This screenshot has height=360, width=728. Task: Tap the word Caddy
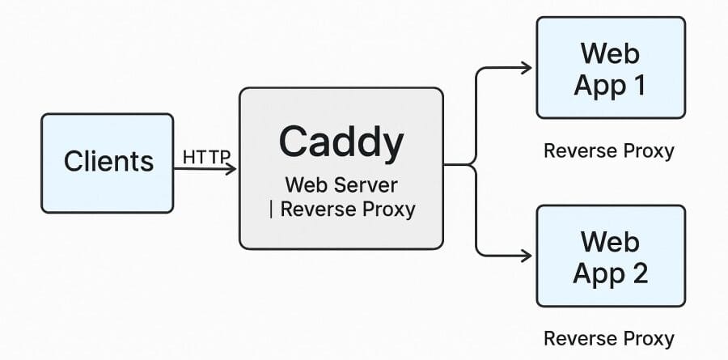[341, 142]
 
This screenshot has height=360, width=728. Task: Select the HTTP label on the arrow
[206, 156]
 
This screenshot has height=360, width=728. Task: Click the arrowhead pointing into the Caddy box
[231, 168]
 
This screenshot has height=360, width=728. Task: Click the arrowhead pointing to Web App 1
[527, 68]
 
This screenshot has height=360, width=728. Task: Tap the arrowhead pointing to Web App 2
[527, 256]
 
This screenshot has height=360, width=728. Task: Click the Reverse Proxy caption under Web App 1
[608, 150]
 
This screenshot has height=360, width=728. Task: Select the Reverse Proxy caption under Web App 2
[608, 337]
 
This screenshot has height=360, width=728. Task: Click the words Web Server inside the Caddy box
[340, 184]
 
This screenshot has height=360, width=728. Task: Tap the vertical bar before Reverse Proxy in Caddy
[271, 210]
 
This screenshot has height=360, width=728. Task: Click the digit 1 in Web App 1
[638, 84]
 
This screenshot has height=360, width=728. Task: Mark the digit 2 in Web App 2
[639, 273]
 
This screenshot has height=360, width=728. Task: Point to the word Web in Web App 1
[609, 53]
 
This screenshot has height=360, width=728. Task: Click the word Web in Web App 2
[609, 241]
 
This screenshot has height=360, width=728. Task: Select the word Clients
[108, 161]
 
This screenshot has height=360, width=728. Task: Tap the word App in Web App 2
[597, 273]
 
